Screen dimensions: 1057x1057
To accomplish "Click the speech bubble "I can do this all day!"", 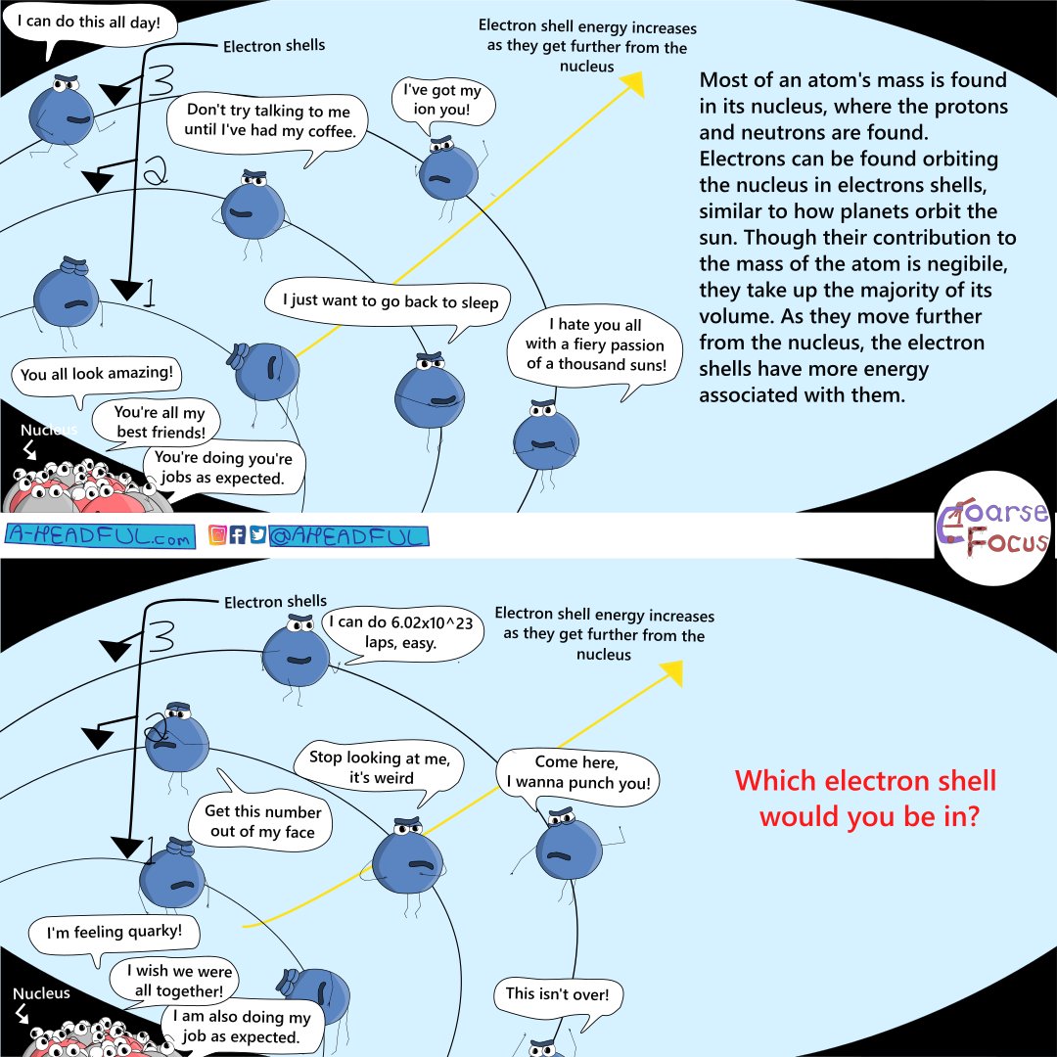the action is tap(91, 24).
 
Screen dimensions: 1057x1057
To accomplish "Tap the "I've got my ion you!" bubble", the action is tap(443, 101).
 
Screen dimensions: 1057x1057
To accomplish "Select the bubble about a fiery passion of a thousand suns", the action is tap(595, 347).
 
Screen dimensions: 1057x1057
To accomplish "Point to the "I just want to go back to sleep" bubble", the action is tap(388, 303).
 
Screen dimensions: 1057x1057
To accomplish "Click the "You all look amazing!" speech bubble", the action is tap(96, 375).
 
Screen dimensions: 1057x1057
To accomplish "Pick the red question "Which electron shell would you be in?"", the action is tap(866, 799).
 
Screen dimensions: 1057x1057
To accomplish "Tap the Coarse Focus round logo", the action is tap(993, 528).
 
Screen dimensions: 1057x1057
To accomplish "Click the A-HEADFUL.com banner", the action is tap(100, 536).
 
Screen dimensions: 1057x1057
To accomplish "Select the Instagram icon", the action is tap(217, 535).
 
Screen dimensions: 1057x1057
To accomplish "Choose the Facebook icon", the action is tap(237, 535).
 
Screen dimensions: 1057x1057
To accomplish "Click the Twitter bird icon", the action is tap(257, 535).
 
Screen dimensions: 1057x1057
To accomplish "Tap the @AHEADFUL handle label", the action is tap(348, 536).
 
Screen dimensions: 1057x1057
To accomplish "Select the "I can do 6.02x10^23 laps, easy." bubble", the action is tap(401, 633).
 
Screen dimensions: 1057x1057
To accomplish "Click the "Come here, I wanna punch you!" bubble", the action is tap(577, 774).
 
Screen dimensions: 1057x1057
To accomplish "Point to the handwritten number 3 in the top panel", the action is tap(160, 79).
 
